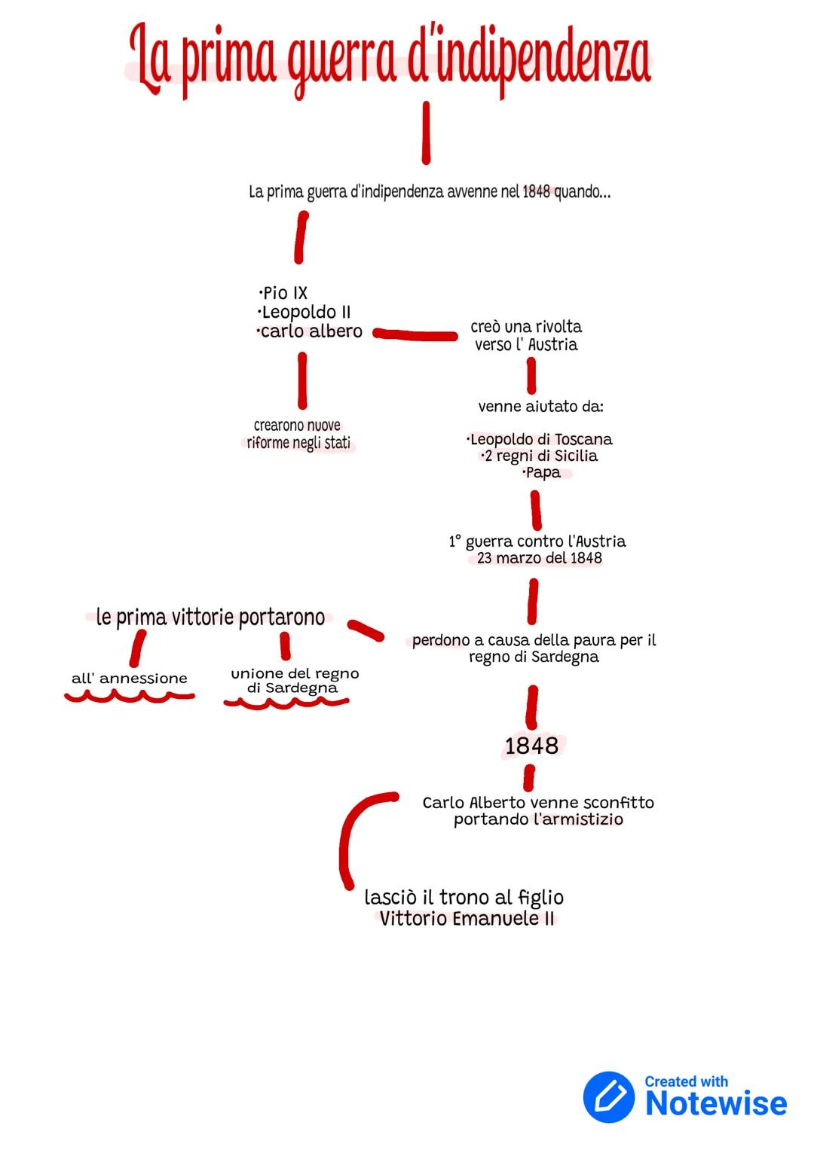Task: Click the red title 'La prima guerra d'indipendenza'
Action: [x=390, y=59]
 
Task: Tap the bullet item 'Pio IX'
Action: [x=283, y=293]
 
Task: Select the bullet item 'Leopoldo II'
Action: [x=304, y=312]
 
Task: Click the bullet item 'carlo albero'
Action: [x=310, y=331]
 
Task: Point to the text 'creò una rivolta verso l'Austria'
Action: [x=526, y=336]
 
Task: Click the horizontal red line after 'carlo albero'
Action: [x=415, y=334]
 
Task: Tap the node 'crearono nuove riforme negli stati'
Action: [x=298, y=435]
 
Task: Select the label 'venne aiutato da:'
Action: [x=540, y=407]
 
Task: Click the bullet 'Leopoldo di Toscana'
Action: [x=540, y=439]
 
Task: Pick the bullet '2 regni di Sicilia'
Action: [x=540, y=456]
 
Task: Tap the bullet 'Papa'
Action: [x=542, y=472]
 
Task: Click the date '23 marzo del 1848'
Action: [x=540, y=558]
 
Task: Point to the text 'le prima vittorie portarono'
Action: [x=210, y=618]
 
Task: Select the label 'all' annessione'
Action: [x=129, y=679]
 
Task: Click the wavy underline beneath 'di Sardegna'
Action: [x=286, y=703]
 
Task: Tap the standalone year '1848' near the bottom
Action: [x=531, y=746]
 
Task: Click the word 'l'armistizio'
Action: [x=578, y=819]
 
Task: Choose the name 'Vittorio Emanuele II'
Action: [x=467, y=919]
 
